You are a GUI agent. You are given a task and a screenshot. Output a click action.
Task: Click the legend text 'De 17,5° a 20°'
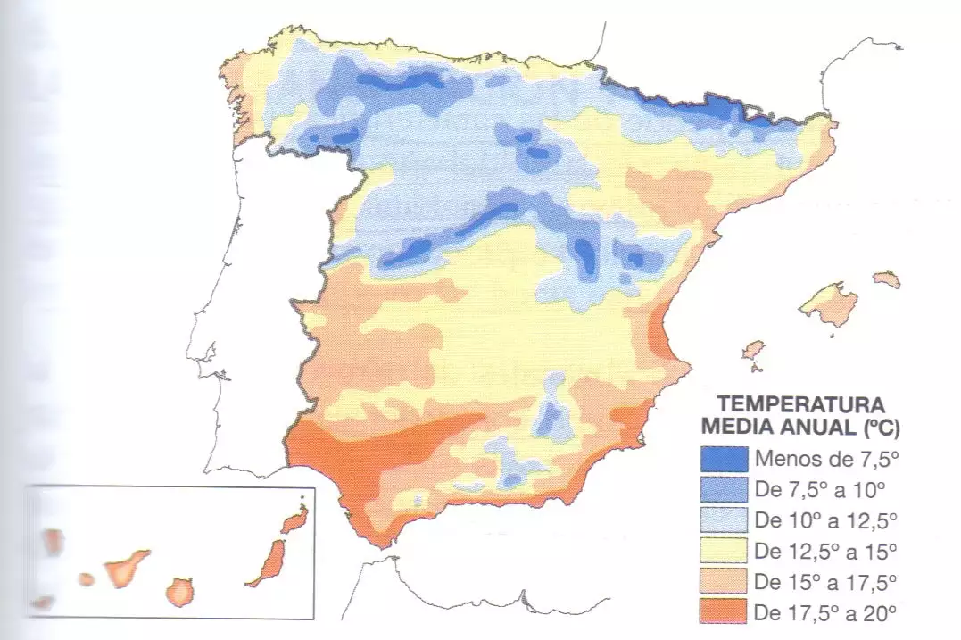(x=824, y=611)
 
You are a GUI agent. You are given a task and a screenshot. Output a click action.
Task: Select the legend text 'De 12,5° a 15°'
(x=824, y=550)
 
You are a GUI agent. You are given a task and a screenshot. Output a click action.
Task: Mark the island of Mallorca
(x=830, y=303)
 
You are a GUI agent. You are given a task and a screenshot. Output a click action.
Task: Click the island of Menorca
(x=886, y=279)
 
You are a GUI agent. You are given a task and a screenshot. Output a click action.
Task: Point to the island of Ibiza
(x=753, y=349)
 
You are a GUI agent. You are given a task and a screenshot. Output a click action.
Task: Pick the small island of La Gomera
(x=87, y=579)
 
